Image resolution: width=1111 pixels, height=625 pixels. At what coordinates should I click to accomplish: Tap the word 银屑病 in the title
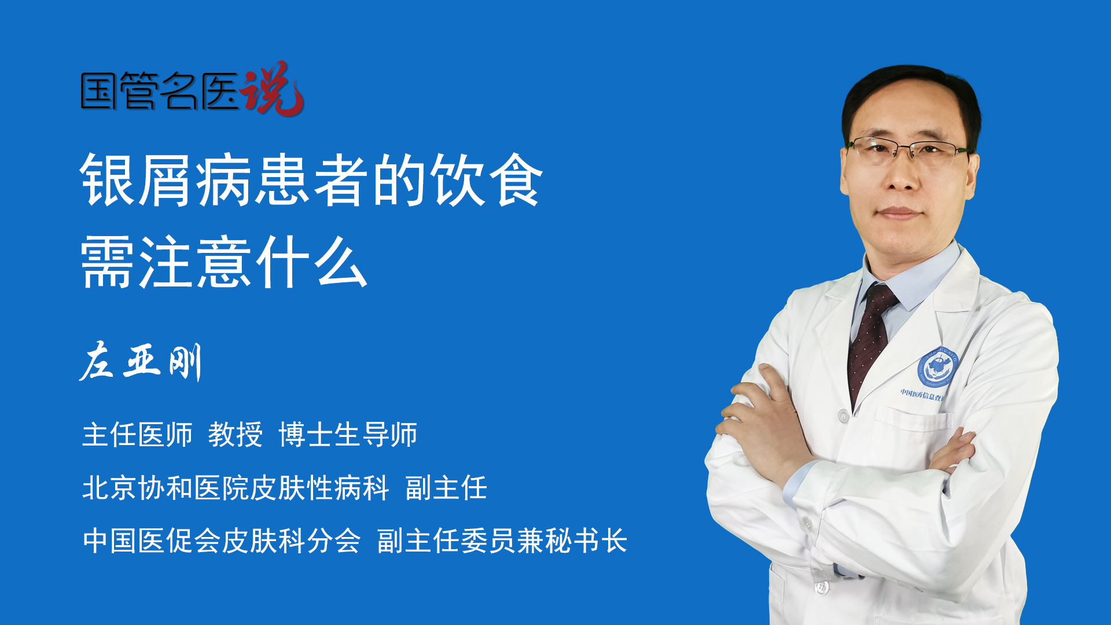pos(165,180)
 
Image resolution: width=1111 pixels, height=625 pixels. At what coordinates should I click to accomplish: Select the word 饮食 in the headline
pos(488,180)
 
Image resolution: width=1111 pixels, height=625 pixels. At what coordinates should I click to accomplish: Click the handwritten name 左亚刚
pos(141,362)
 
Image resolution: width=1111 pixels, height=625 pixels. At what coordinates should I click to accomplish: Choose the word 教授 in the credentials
pos(236,434)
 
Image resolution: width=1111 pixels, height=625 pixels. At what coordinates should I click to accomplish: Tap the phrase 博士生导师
pos(348,434)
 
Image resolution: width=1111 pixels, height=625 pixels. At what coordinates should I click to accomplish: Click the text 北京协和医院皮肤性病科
pos(236,487)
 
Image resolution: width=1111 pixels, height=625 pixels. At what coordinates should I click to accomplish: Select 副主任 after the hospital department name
pos(446,487)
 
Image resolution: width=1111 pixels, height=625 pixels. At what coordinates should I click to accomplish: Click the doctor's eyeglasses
pos(907,149)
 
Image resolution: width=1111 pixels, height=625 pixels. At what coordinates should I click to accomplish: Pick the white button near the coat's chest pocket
pos(844,415)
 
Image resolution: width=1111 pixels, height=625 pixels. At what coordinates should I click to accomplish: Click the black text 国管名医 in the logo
pos(160,91)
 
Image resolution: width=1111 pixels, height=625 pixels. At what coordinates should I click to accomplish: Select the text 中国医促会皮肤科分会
pos(222,541)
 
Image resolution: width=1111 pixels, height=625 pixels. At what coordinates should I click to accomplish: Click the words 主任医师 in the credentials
pos(137,434)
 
